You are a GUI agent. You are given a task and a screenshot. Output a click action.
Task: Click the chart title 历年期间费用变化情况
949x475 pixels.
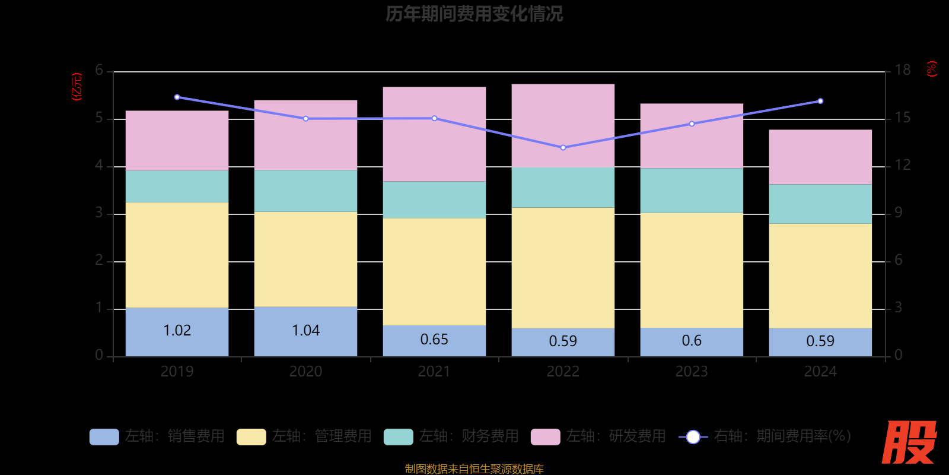tap(474, 14)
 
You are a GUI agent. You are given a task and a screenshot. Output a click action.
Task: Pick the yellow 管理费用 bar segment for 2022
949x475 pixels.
tap(563, 267)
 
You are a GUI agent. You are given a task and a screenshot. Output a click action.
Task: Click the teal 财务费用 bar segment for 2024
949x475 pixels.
tap(820, 204)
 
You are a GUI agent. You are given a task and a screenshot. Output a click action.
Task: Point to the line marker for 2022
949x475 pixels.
tap(563, 147)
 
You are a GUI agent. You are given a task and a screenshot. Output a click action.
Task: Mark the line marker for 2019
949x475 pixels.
tap(177, 97)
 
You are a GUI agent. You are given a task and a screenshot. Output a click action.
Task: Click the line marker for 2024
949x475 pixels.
tap(820, 101)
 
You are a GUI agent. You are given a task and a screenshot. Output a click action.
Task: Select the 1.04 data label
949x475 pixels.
tap(305, 330)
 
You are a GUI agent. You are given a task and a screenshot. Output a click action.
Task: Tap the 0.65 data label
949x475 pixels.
tap(434, 340)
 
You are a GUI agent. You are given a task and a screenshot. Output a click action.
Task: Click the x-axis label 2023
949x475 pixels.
tap(692, 372)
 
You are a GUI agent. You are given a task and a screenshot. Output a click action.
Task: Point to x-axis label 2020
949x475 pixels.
tap(305, 372)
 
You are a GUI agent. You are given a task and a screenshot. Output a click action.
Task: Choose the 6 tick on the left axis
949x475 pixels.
tap(99, 71)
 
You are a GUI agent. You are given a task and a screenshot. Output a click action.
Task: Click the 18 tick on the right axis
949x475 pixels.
tap(902, 71)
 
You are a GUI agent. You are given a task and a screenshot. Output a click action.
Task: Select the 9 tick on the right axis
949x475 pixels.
tap(898, 213)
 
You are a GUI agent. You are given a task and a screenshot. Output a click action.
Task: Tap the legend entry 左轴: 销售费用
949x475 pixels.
tap(157, 436)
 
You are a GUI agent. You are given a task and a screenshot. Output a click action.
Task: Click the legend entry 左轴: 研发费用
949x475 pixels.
tap(598, 436)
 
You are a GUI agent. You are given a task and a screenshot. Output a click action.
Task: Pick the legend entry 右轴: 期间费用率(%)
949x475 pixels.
tap(765, 436)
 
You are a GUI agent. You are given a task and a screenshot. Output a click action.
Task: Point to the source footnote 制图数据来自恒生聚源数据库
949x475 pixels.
tap(474, 469)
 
